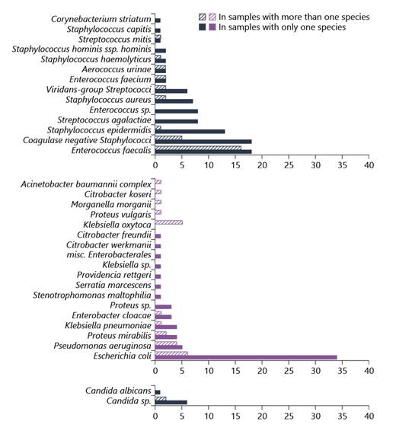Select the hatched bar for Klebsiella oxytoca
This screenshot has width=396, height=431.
coord(168,223)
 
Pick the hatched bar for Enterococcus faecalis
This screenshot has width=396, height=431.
coord(198,148)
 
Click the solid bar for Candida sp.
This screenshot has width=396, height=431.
coord(171,402)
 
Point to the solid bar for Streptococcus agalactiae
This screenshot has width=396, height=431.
coord(176,121)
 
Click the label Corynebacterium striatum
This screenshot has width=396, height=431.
coord(101,18)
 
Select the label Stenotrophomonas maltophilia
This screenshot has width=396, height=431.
coord(92,295)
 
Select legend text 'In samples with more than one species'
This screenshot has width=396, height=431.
coord(299,17)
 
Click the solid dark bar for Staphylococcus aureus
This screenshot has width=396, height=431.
coord(174,101)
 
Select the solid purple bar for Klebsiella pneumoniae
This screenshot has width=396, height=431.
coord(165,327)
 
